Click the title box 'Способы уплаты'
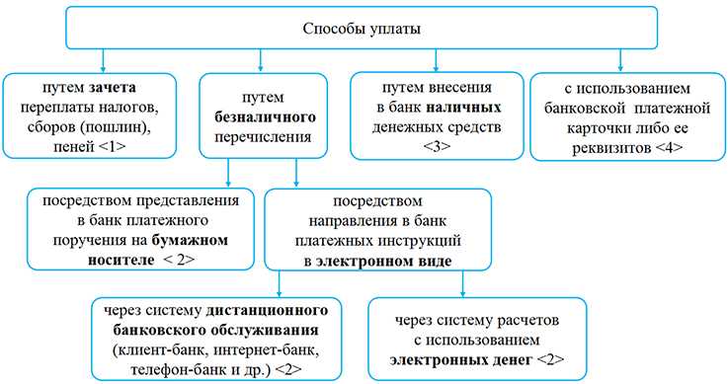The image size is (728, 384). [363, 28]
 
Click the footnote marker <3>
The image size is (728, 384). [442, 148]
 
